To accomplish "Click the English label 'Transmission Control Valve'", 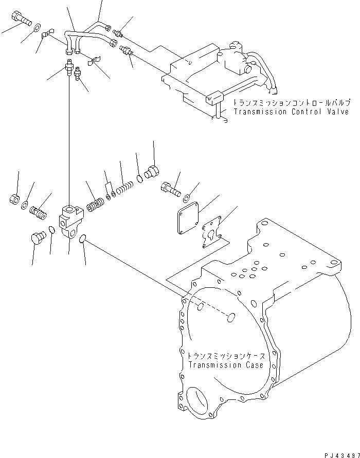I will coord(291,112).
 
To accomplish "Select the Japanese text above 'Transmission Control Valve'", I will coord(291,102).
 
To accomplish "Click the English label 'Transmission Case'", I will coord(226,365).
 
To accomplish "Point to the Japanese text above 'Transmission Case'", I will coord(226,356).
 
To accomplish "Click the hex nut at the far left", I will coord(14,198).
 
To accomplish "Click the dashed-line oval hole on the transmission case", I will coord(231,317).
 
